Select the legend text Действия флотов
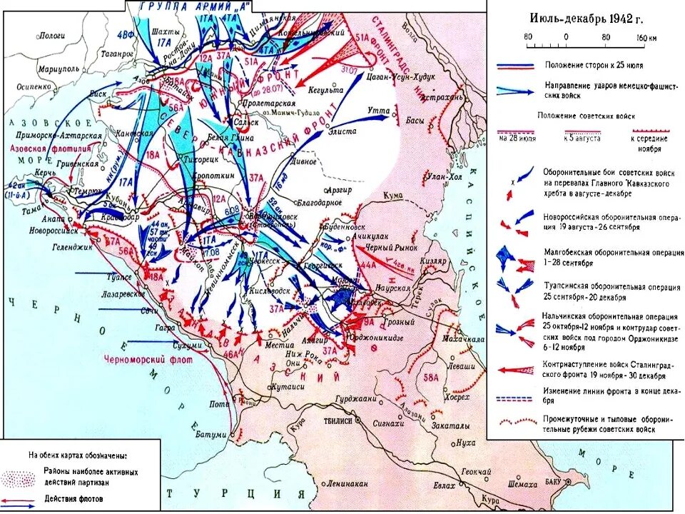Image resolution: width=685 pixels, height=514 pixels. (74, 498)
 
